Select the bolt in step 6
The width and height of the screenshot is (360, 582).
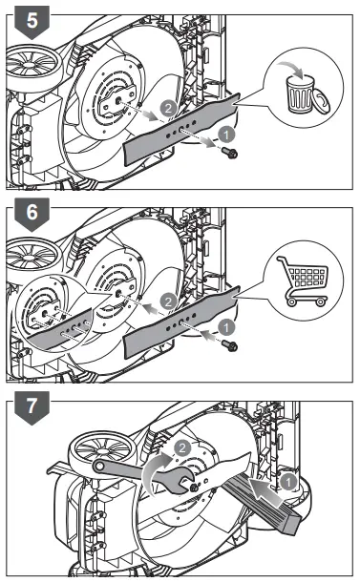pos(228,348)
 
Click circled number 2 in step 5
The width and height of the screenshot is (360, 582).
pos(169,111)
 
